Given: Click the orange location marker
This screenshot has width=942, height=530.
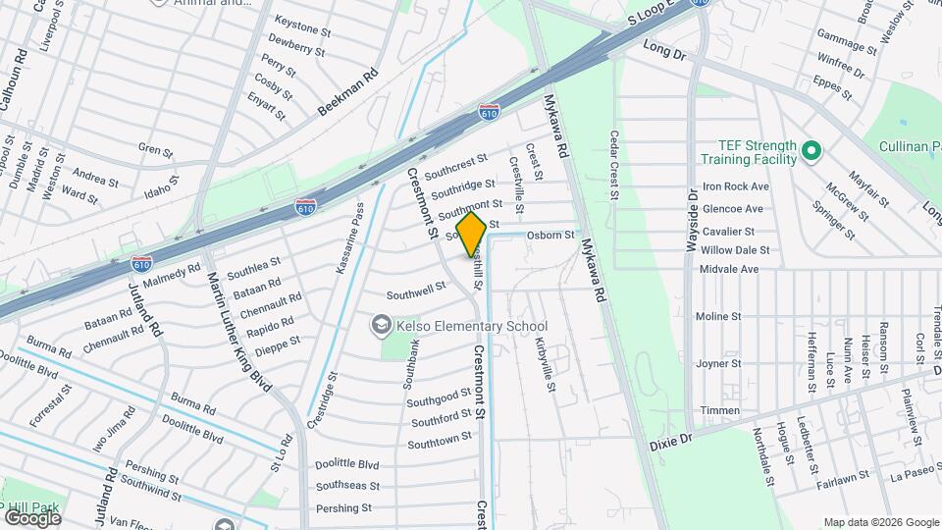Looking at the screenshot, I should (471, 235).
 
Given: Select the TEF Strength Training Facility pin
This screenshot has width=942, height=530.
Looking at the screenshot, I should (811, 151).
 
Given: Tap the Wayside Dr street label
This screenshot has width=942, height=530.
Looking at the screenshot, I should (691, 220).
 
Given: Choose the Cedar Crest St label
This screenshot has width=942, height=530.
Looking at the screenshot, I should (615, 166).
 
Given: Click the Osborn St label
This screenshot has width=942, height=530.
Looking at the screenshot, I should (549, 236).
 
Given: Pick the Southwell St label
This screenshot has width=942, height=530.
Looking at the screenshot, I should (416, 291).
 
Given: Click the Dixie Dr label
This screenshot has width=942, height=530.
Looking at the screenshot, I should (671, 444).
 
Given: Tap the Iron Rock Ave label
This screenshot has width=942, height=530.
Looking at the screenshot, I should (735, 186).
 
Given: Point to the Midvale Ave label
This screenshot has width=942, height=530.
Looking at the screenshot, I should (729, 269).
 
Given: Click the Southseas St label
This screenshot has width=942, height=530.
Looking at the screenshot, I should (346, 487).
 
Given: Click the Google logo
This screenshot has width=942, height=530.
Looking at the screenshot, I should (31, 517).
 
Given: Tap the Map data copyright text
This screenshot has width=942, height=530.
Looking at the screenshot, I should (880, 522).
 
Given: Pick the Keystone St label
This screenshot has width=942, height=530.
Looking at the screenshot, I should (300, 21).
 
